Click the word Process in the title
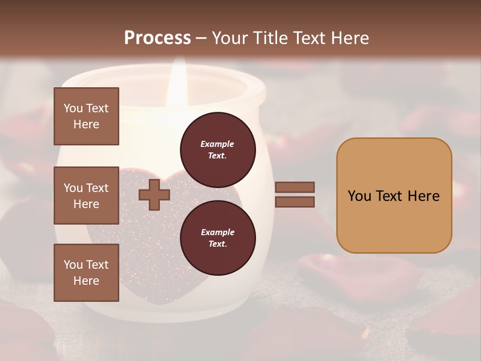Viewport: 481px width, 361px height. (x=157, y=38)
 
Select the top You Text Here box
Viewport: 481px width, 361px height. (x=86, y=116)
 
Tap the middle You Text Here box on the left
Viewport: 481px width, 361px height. (x=86, y=196)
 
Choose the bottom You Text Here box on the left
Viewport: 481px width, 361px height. (x=86, y=272)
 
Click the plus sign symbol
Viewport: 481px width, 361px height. (x=154, y=195)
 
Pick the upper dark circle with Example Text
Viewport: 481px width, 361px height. (x=217, y=149)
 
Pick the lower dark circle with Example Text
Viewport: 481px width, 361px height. (x=217, y=238)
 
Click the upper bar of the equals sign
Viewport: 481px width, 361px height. (x=295, y=187)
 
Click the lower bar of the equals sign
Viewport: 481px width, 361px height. (x=295, y=202)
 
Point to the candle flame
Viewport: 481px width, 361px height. (x=176, y=78)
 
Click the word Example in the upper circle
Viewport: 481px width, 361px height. (x=217, y=144)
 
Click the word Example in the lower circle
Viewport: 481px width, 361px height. (x=217, y=232)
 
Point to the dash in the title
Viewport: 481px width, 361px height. (x=201, y=39)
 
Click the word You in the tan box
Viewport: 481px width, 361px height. (x=360, y=196)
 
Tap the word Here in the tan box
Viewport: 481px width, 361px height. (x=423, y=196)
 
